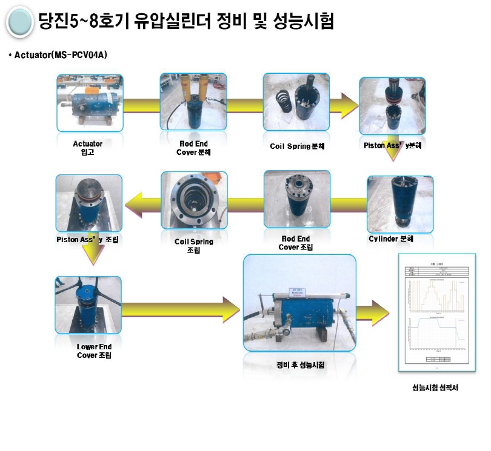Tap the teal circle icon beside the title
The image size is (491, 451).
pos(19,22)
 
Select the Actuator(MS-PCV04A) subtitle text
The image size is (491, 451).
pos(58,55)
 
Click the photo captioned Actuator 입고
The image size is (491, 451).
pos(89,102)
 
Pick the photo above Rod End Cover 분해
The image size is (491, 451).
pos(192,103)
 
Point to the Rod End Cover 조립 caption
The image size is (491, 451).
pos(295,243)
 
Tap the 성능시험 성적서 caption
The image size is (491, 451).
pos(435,388)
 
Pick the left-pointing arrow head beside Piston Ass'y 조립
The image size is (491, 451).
pos(133,203)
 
